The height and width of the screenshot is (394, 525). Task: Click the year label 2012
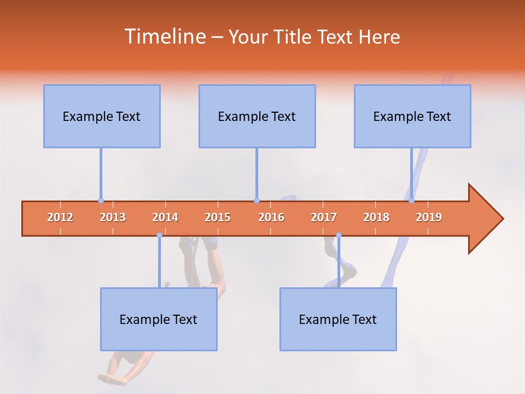point(60,217)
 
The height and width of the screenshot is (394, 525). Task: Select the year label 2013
point(113,217)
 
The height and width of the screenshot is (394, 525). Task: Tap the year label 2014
point(165,217)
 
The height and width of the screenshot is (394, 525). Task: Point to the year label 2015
point(218,217)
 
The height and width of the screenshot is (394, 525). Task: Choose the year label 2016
point(271,217)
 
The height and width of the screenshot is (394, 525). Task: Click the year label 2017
point(324,217)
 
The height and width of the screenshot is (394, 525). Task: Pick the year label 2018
point(376,217)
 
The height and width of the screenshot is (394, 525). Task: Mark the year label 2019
point(429,217)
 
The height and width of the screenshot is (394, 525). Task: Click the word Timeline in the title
point(164,37)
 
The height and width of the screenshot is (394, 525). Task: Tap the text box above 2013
point(102,116)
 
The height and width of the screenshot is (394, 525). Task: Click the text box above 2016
point(257,116)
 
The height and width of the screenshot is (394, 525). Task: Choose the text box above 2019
point(412,116)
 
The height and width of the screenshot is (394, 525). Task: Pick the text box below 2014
point(159,319)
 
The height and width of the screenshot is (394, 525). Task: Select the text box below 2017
point(338,319)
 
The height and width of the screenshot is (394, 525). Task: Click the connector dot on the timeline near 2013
point(101,200)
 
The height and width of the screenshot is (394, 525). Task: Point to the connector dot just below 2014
point(159,235)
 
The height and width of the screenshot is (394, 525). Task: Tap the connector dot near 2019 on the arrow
point(411,200)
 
